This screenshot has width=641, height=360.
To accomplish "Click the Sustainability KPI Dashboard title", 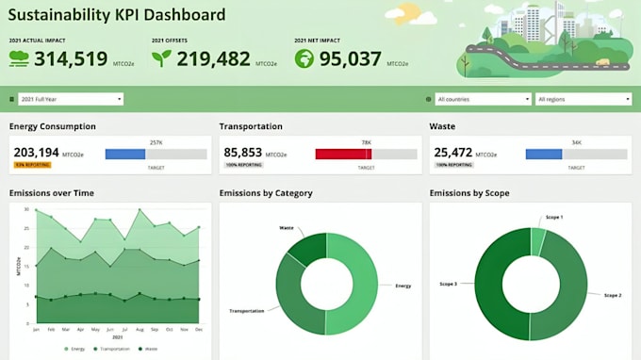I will pos(117,15).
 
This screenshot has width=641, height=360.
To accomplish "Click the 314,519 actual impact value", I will pos(71,58).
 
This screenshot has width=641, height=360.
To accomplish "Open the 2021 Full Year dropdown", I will pos(72,99).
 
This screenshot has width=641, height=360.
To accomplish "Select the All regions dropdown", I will pos(582,99).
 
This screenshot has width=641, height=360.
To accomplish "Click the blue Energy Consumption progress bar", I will pos(126,154).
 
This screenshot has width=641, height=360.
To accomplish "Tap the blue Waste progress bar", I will pos(541,154).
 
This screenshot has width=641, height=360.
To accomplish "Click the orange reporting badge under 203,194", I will pos(31,165).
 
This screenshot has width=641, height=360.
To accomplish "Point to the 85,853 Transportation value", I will pos(242,152).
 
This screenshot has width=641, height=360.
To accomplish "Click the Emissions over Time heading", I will pos(51,193).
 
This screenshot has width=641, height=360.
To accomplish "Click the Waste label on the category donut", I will pos(287,228).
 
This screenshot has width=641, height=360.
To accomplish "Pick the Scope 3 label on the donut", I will pos(449,283).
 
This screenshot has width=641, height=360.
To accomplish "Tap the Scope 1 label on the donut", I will pos(554,218).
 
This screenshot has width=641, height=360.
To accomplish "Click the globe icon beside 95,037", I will pos(304,58).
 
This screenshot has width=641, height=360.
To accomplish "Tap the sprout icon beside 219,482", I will pos(161,58).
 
